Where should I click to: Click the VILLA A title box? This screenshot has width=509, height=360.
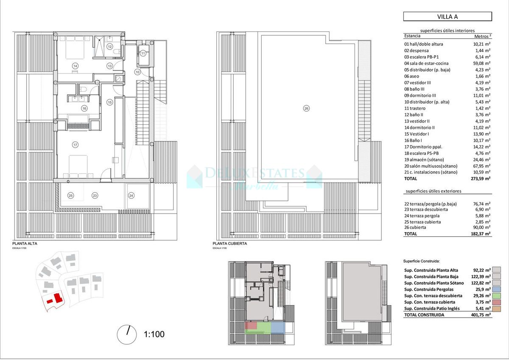pyautogui.click(x=447, y=17)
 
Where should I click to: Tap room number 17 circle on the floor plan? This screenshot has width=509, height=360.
pyautogui.click(x=75, y=145)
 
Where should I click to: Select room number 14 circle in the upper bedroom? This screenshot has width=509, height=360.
pyautogui.click(x=75, y=66)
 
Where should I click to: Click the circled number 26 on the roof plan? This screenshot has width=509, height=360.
pyautogui.click(x=306, y=108)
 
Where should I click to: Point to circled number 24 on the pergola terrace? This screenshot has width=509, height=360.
pyautogui.click(x=131, y=196)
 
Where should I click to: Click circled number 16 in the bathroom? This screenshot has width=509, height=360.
pyautogui.click(x=84, y=108)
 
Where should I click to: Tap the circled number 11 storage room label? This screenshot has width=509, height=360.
pyautogui.click(x=143, y=53)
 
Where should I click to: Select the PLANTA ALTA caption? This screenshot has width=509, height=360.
pyautogui.click(x=24, y=244)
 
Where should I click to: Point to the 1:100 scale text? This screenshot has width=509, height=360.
pyautogui.click(x=154, y=334)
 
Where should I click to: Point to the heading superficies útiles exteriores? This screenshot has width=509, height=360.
pyautogui.click(x=433, y=191)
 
